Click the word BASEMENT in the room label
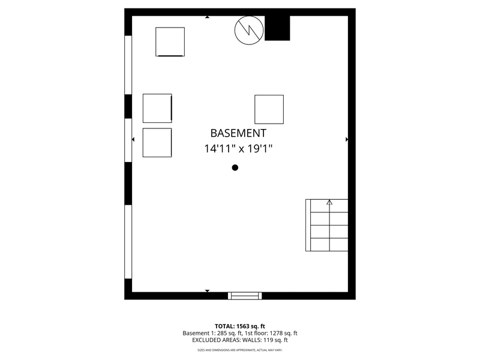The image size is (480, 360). [238, 133]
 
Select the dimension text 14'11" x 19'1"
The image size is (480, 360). [238, 149]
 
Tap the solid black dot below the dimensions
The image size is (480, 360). [235, 167]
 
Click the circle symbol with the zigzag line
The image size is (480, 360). [249, 31]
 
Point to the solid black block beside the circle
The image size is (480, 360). [277, 28]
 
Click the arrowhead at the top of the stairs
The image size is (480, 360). [329, 202]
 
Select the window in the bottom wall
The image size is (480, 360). [245, 296]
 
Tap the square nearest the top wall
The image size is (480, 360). [170, 41]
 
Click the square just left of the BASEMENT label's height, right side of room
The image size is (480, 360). [269, 109]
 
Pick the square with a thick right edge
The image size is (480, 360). [157, 109]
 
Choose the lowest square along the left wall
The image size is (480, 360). [157, 143]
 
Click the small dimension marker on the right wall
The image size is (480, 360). [347, 139]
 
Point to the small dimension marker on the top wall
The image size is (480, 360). [207, 17]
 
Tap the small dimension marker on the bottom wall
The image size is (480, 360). [207, 291]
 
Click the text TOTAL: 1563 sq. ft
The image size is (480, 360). [239, 326]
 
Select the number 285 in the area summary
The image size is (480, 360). [222, 333]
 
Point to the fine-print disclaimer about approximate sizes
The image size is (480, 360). [239, 350]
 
